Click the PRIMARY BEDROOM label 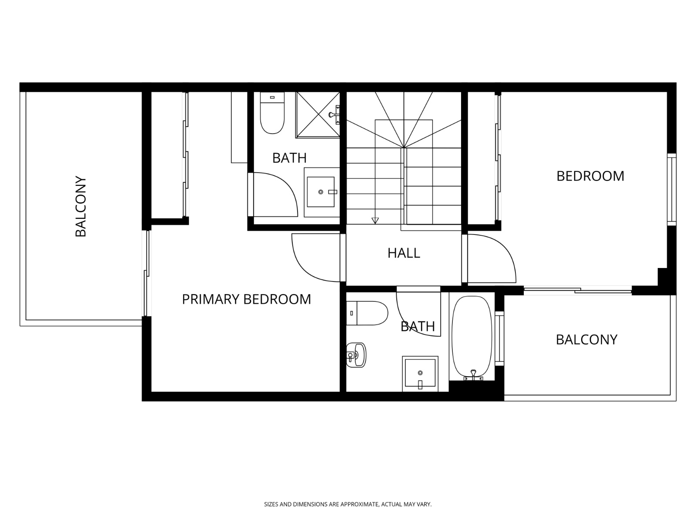(x=246, y=299)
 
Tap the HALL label (x=404, y=253)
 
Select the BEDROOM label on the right (x=590, y=176)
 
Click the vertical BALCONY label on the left (x=81, y=207)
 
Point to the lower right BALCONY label (x=586, y=339)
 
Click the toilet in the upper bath (x=272, y=113)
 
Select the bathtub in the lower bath (x=472, y=337)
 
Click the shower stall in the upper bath (x=318, y=115)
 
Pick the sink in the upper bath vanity (x=321, y=192)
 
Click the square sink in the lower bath (x=420, y=373)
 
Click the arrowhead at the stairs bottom (x=375, y=220)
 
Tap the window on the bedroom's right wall (x=672, y=189)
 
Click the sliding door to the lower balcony (x=578, y=290)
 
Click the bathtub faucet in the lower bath (x=473, y=374)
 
